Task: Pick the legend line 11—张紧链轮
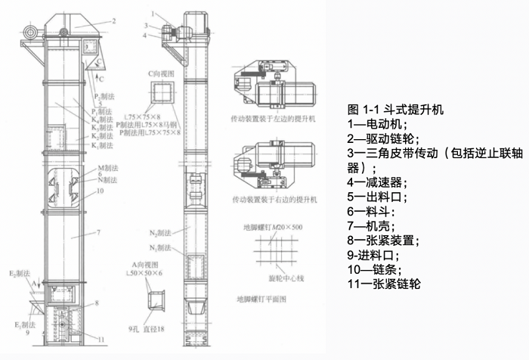[x=383, y=284]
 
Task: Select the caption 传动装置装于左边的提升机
[x=273, y=119]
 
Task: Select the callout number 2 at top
[x=113, y=21]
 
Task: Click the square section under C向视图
[x=162, y=95]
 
